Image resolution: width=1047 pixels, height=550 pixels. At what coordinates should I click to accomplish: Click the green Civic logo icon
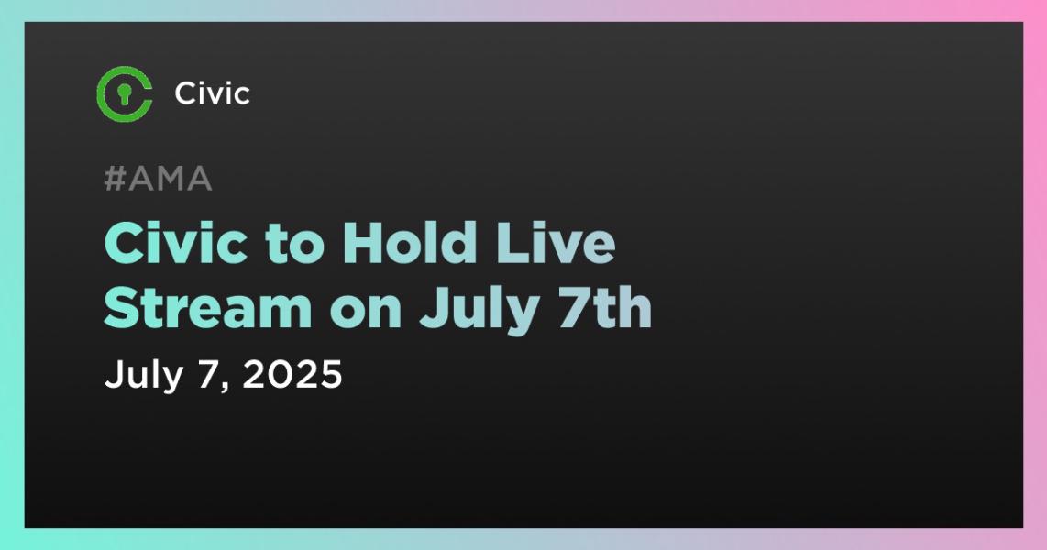pyautogui.click(x=124, y=93)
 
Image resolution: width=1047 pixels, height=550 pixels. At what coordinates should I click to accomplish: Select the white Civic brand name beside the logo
pyautogui.click(x=212, y=93)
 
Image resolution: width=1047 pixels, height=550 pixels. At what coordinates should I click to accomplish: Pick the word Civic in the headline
pyautogui.click(x=165, y=245)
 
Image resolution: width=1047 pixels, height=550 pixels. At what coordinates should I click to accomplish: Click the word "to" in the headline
pyautogui.click(x=282, y=245)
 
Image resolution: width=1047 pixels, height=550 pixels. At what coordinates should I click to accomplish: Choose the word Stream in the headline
pyautogui.click(x=208, y=310)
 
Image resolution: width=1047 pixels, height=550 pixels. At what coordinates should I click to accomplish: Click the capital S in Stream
pyautogui.click(x=123, y=310)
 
